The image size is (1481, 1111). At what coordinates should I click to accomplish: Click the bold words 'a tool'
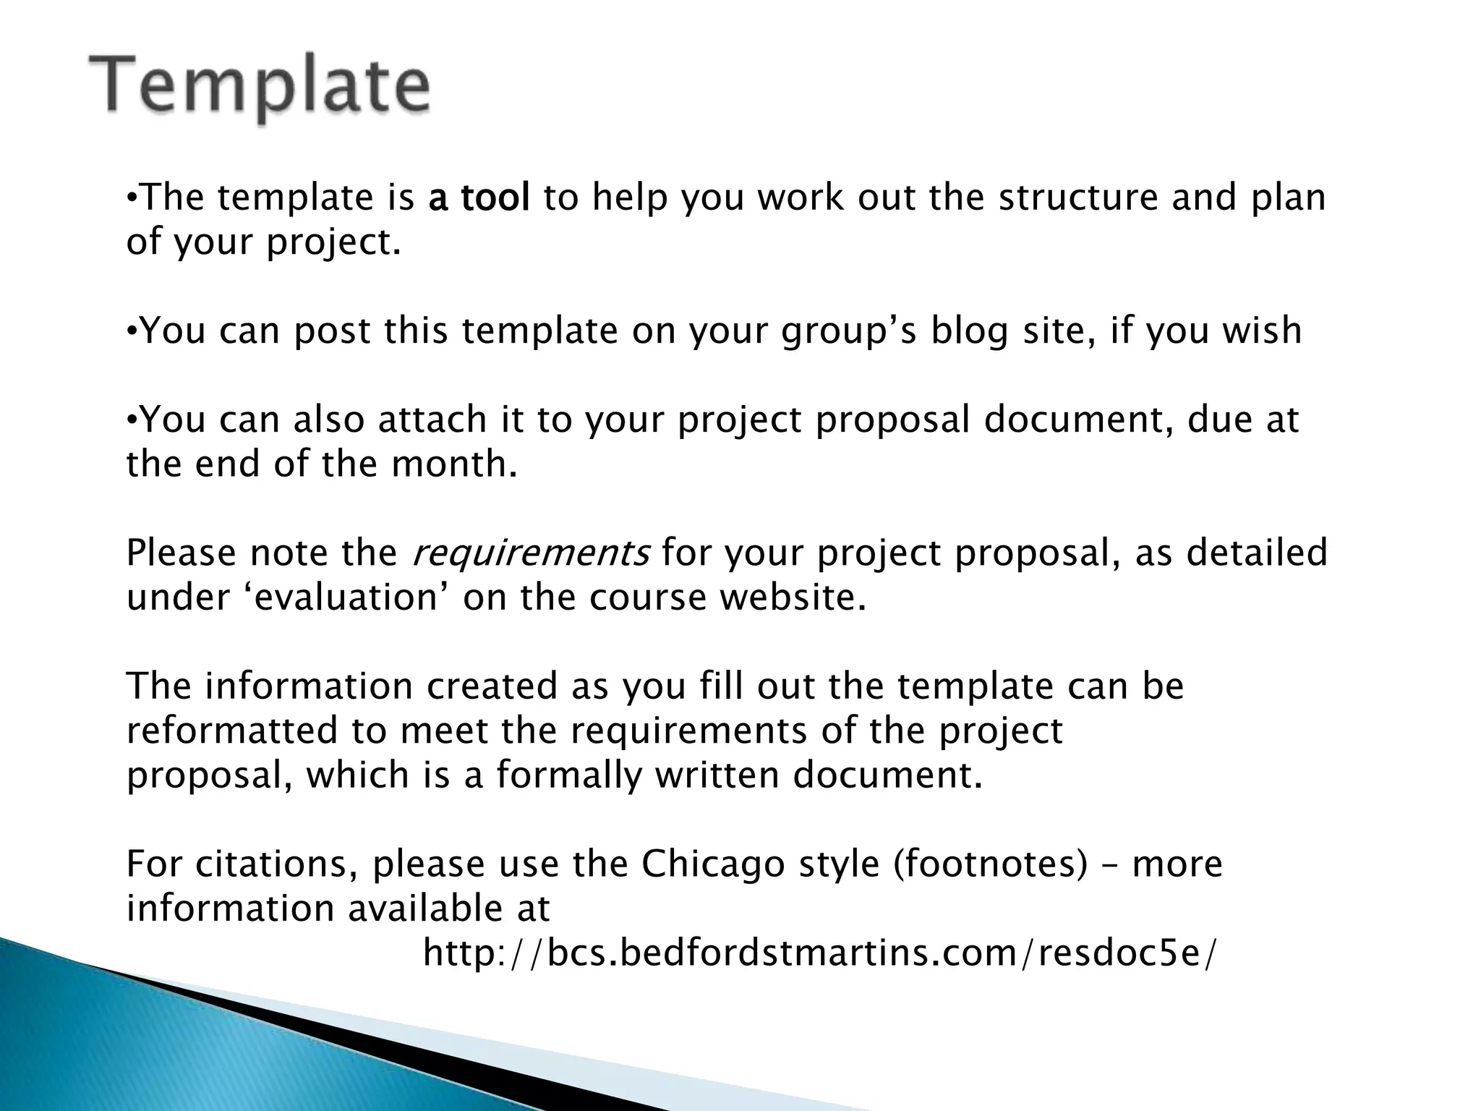click(x=479, y=197)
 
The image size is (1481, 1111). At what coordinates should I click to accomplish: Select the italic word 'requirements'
click(x=530, y=553)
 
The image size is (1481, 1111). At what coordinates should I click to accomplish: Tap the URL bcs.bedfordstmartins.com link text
click(x=820, y=953)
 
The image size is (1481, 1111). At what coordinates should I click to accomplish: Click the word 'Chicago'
click(x=713, y=864)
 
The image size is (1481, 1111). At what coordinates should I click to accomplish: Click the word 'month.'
click(x=455, y=464)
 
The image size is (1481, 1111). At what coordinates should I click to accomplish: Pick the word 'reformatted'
click(x=232, y=731)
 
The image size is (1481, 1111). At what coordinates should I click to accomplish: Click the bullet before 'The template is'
click(x=131, y=197)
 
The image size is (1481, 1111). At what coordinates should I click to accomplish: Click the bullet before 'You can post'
click(x=131, y=331)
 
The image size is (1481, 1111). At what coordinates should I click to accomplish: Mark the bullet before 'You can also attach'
click(x=131, y=420)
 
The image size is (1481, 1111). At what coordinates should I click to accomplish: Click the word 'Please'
click(x=181, y=553)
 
